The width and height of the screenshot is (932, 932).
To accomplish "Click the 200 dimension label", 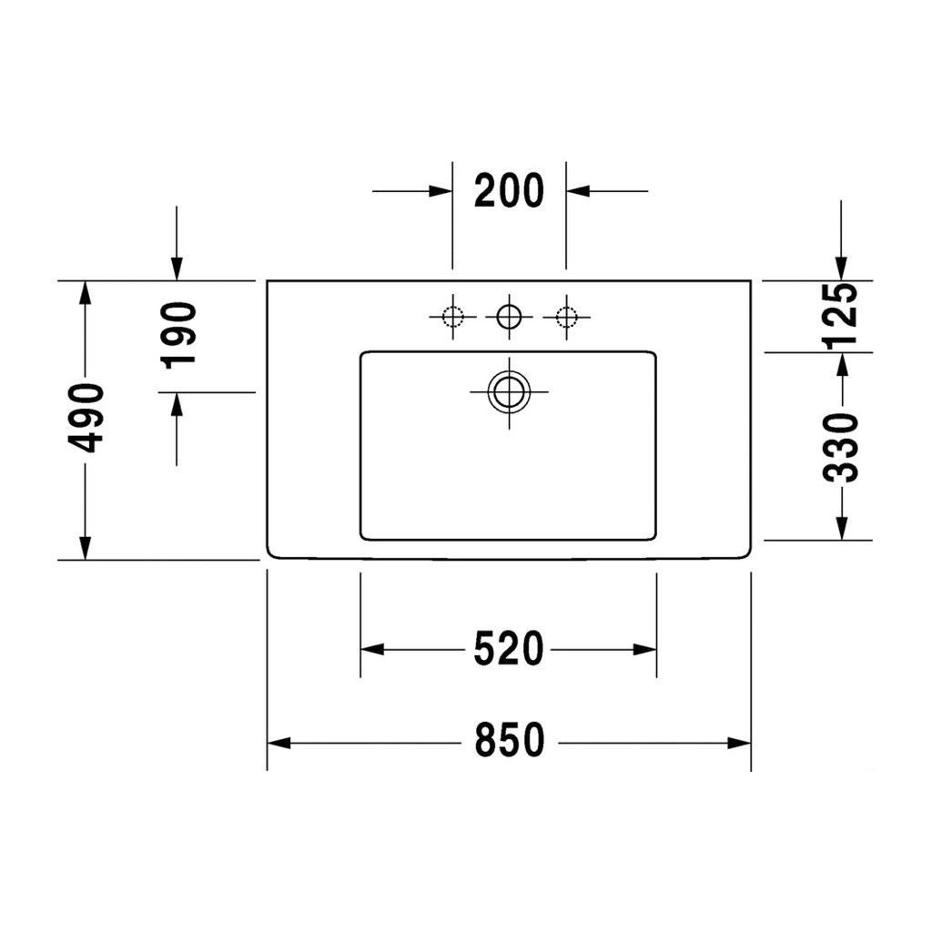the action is [x=509, y=190].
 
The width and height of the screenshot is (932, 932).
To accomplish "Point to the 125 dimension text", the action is [x=840, y=314].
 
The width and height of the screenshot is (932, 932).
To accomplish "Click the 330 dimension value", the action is [x=841, y=448].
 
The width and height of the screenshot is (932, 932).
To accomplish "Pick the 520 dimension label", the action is [x=509, y=648].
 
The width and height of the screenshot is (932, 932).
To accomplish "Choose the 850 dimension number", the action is [x=510, y=740].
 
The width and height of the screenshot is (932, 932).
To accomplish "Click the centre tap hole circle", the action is [x=509, y=317].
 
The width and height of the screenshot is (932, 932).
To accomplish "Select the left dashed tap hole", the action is [x=452, y=317].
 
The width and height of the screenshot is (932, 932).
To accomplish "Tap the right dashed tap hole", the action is [x=566, y=317].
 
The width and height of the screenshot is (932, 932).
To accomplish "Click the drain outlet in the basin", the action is [x=509, y=391].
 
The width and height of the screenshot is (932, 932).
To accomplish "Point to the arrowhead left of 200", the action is [x=441, y=191].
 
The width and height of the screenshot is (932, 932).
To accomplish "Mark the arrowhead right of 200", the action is [x=577, y=191].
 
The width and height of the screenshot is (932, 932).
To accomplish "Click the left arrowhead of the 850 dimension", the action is [x=279, y=743].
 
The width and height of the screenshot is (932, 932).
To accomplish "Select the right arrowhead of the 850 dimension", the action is [x=739, y=743].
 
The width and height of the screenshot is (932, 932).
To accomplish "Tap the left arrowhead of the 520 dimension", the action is [x=372, y=650].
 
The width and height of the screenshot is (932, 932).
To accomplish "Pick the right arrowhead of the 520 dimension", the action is [x=645, y=650].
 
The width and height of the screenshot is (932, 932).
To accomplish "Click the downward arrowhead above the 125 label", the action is [x=840, y=268].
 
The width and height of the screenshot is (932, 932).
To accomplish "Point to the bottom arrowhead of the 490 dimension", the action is [x=86, y=548].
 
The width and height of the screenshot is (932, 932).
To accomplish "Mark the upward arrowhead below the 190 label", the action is [x=177, y=404].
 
